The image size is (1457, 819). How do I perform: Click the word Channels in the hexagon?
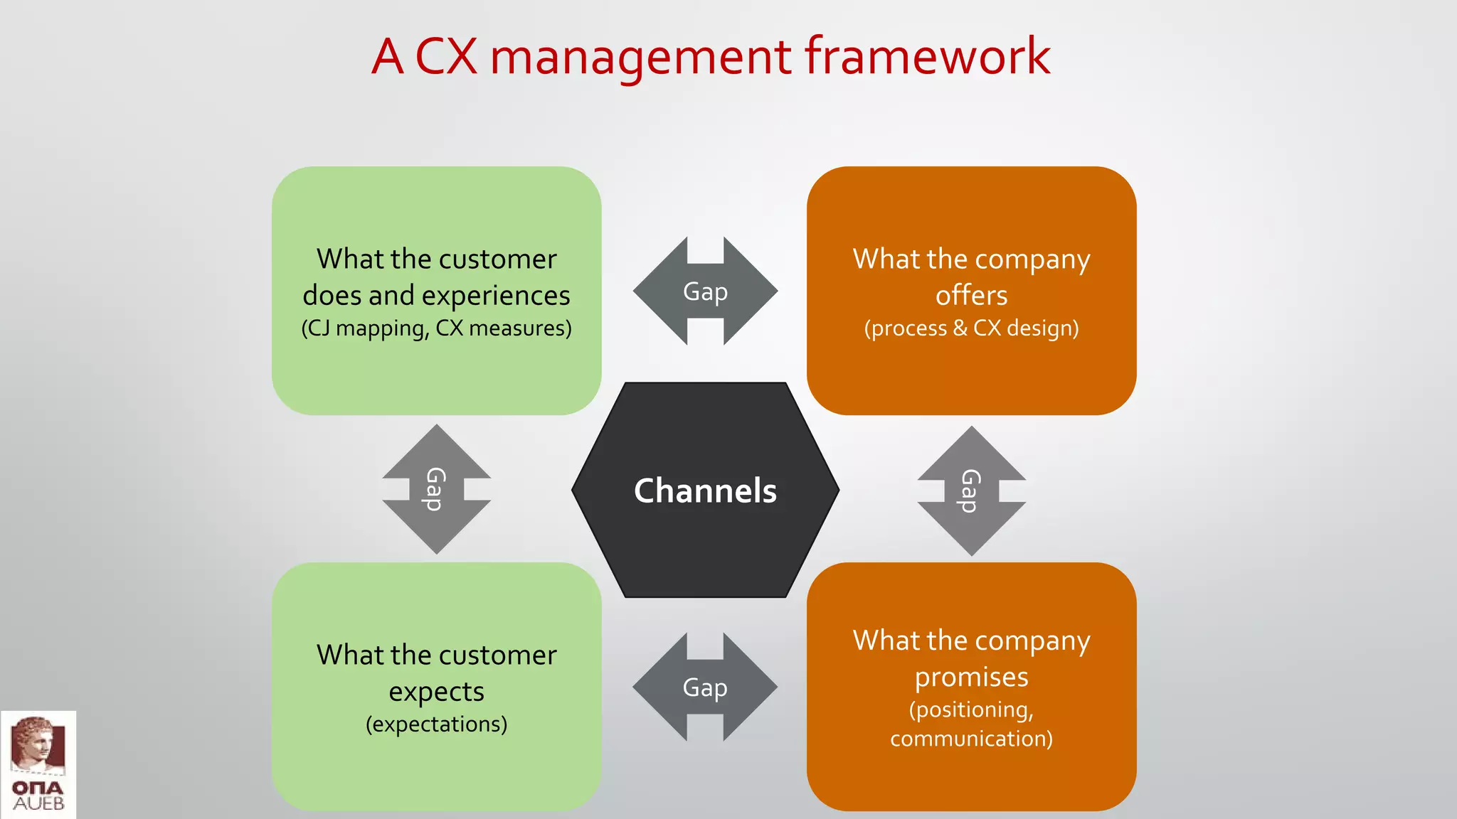(705, 491)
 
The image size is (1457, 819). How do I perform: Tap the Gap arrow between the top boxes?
(705, 291)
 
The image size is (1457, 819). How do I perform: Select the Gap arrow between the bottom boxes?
(705, 687)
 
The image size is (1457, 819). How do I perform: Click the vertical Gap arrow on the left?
(436, 489)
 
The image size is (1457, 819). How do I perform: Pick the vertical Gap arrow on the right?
(971, 491)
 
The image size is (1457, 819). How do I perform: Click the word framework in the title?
(927, 56)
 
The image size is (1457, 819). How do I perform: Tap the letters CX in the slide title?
(446, 56)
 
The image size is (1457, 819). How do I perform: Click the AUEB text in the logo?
(39, 804)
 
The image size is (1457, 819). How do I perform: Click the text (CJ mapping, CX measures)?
(436, 328)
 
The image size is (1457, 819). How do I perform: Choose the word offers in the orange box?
(971, 295)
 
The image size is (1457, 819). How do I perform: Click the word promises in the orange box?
(971, 677)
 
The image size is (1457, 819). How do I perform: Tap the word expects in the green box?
(436, 692)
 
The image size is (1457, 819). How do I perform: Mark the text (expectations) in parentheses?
(436, 724)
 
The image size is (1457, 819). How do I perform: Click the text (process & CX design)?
(971, 328)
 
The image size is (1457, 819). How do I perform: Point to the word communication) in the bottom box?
(971, 739)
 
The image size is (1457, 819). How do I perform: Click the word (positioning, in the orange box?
(971, 710)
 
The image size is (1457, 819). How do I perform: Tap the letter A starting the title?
(388, 56)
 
